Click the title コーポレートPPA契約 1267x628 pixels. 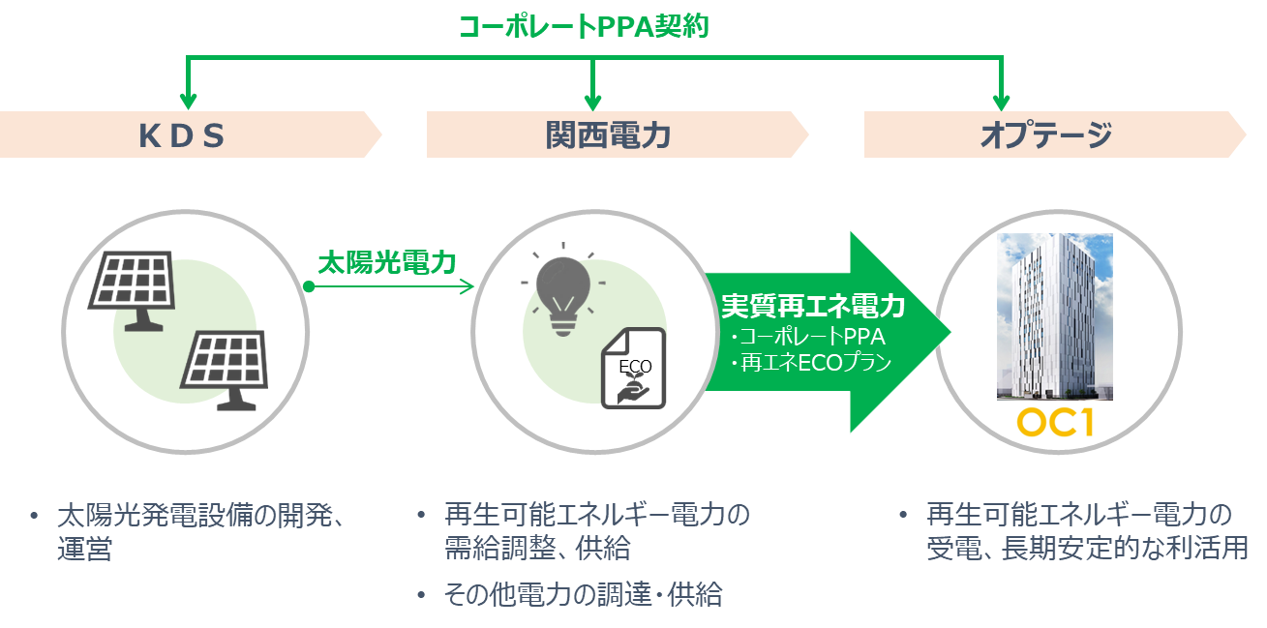[x=583, y=26]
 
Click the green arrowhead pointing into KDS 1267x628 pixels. [x=188, y=100]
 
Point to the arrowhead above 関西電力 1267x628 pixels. [x=593, y=100]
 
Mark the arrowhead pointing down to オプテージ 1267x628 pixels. [x=1001, y=100]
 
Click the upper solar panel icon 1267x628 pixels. [x=131, y=287]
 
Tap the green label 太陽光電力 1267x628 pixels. [x=387, y=262]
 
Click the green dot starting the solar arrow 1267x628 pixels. [x=309, y=287]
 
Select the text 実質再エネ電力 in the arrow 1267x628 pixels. [x=813, y=307]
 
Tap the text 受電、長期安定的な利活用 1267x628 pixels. [x=1086, y=549]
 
